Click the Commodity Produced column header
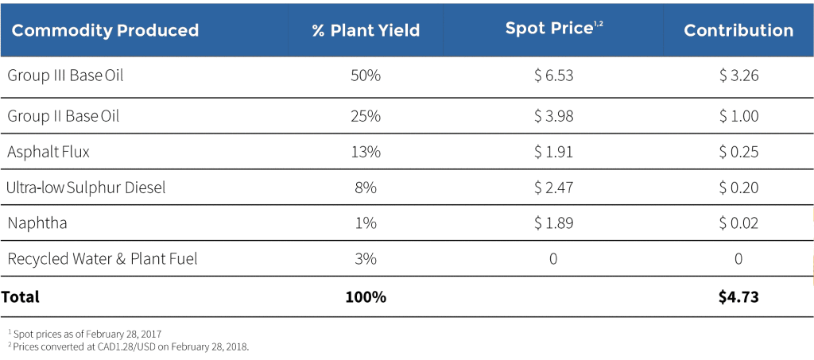(x=105, y=31)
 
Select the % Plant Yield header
(x=366, y=31)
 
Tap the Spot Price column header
(x=553, y=29)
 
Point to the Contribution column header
(x=738, y=31)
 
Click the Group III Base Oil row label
(x=65, y=76)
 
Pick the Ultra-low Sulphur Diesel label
(x=85, y=188)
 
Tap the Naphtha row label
(x=37, y=223)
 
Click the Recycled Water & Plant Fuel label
(x=102, y=259)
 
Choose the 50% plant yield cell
(x=366, y=76)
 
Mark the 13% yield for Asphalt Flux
(x=366, y=152)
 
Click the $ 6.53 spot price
(x=553, y=76)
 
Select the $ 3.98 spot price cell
(x=553, y=116)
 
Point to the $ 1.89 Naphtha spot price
(x=553, y=223)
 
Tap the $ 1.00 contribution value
(x=738, y=116)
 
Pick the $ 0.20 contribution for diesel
(x=738, y=188)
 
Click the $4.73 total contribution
(x=738, y=298)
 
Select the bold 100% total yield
(x=366, y=298)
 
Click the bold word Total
(x=20, y=298)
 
